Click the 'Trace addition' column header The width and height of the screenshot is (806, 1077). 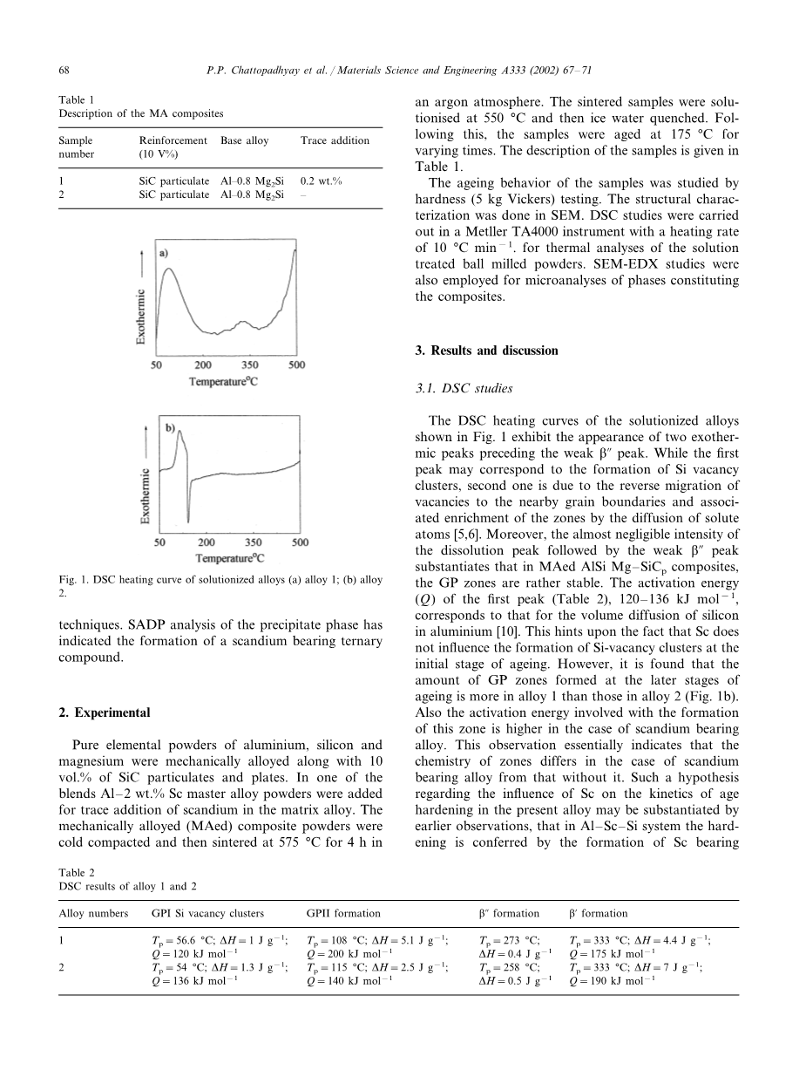335,140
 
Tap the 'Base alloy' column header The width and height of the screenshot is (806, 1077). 245,140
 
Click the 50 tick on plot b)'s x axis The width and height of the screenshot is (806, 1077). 158,542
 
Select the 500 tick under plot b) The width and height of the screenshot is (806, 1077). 300,542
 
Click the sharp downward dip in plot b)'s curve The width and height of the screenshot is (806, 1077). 188,515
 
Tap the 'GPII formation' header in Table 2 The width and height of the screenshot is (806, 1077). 343,913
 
